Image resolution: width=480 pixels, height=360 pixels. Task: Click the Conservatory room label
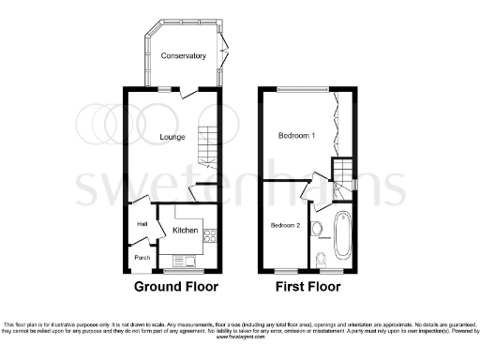tap(183, 56)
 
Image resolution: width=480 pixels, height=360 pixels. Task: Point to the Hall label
tap(143, 225)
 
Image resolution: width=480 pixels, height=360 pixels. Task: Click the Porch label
tap(142, 257)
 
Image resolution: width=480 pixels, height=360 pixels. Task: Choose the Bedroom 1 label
tap(296, 137)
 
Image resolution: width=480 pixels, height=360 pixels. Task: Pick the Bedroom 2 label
tap(286, 225)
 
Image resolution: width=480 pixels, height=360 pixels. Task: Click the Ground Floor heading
tap(176, 286)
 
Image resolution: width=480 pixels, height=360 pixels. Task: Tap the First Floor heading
tap(308, 286)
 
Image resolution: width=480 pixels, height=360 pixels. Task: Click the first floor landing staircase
tap(345, 171)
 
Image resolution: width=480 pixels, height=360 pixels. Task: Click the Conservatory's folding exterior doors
tap(222, 47)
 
